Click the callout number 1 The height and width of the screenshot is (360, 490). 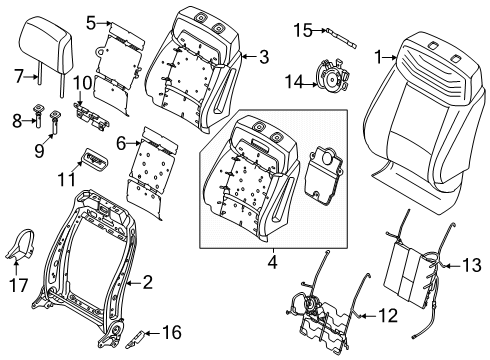pyautogui.click(x=377, y=57)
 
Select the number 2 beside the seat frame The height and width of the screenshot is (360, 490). pyautogui.click(x=147, y=282)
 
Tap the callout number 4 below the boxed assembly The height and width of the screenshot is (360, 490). pyautogui.click(x=272, y=262)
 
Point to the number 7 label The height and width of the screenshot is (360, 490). pyautogui.click(x=19, y=76)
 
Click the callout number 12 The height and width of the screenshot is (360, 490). pyautogui.click(x=388, y=315)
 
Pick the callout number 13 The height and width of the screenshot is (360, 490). pyautogui.click(x=472, y=265)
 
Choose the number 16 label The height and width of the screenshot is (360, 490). pyautogui.click(x=172, y=332)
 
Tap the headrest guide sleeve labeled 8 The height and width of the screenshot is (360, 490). pyautogui.click(x=37, y=115)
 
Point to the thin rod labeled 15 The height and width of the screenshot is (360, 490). pyautogui.click(x=341, y=38)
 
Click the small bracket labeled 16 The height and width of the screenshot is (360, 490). pyautogui.click(x=135, y=339)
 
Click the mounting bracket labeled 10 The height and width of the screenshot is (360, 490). pyautogui.click(x=91, y=116)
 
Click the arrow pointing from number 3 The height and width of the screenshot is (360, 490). pyautogui.click(x=250, y=57)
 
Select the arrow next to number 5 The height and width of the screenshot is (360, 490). pyautogui.click(x=105, y=23)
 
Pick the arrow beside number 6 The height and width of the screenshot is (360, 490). pyautogui.click(x=134, y=144)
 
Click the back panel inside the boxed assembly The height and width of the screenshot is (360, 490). pyautogui.click(x=323, y=174)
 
